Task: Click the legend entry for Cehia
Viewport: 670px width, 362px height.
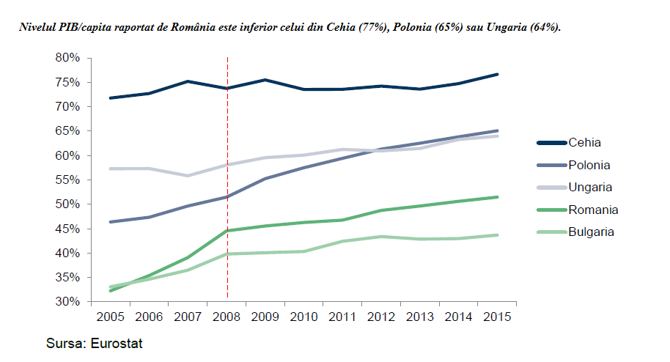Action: click(x=584, y=143)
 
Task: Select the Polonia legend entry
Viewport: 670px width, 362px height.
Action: click(x=589, y=165)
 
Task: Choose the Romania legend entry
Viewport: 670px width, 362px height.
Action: click(x=593, y=210)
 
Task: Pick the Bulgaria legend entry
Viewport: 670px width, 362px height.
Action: click(x=591, y=232)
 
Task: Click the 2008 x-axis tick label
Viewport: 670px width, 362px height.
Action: click(x=227, y=318)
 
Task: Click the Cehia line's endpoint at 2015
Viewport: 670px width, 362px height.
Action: click(x=498, y=74)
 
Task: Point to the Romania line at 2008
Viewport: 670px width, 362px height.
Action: click(x=227, y=230)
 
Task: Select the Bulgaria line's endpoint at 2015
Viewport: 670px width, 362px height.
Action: click(x=498, y=235)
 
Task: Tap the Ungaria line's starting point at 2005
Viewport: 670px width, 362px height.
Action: click(x=110, y=169)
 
